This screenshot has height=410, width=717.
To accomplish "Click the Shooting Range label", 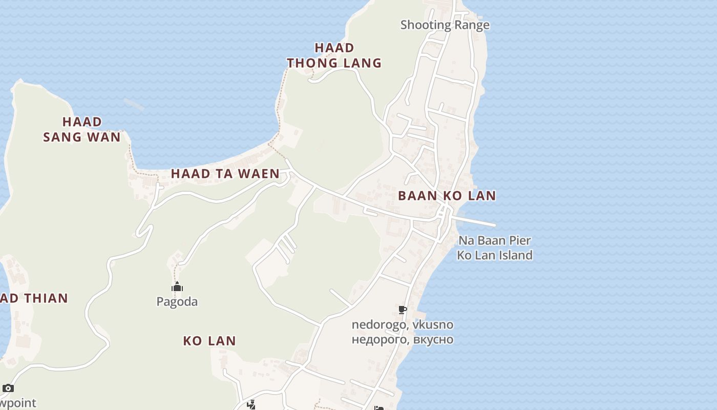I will [445, 25].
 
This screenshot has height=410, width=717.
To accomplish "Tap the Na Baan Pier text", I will [494, 240].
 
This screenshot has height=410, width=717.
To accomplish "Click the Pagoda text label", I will [177, 302].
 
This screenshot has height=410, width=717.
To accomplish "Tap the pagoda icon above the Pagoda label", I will [177, 286].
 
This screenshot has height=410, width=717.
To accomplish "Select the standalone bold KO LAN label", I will [209, 341].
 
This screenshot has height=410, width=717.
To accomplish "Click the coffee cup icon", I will [403, 310].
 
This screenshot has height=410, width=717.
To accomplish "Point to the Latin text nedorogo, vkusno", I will [402, 324].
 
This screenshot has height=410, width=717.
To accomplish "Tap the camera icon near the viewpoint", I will [8, 388].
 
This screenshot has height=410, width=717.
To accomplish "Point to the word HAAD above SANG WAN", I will [82, 122].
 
